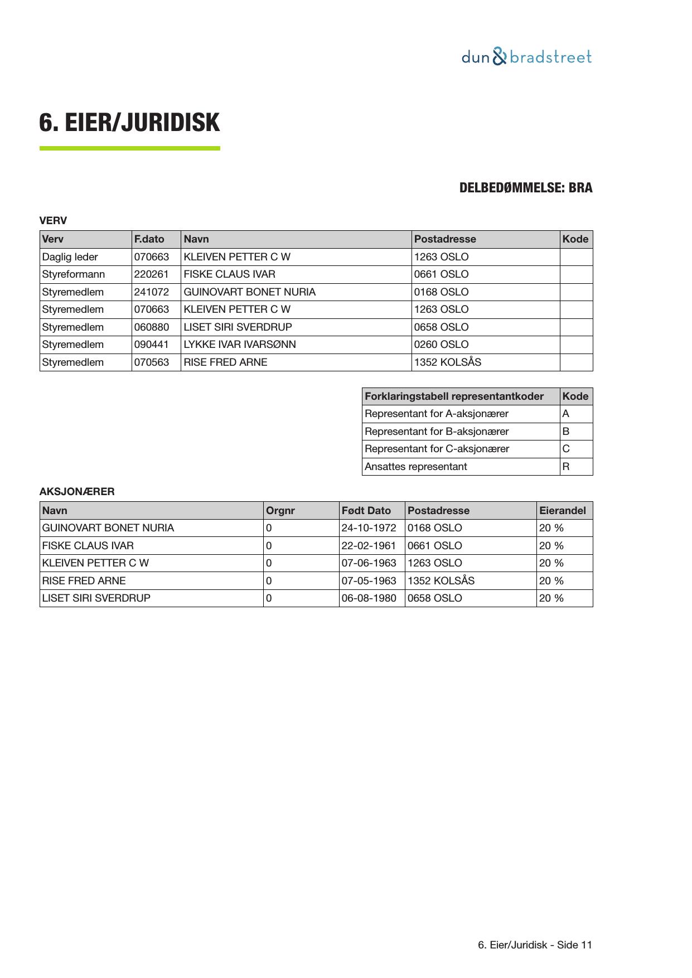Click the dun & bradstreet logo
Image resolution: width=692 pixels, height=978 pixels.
526,57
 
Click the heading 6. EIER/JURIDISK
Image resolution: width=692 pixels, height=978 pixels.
129,123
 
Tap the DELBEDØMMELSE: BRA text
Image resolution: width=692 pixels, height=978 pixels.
525,188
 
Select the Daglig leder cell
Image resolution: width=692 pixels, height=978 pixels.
70,257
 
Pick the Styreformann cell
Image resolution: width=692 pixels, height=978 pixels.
74,274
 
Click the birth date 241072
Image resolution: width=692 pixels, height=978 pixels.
152,292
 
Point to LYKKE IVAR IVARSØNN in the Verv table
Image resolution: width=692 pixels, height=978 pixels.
240,345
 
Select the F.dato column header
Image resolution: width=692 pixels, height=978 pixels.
149,239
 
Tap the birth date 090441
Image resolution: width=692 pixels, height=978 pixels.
152,345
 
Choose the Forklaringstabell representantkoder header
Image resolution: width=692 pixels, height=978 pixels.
454,396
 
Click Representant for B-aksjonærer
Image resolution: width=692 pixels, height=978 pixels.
437,432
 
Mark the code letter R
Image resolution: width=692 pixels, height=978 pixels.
566,467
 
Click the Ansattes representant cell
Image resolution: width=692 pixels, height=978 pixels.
416,467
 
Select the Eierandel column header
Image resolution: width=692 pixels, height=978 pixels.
563,511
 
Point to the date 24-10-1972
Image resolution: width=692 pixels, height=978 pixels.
369,528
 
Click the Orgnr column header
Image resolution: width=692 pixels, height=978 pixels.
280,511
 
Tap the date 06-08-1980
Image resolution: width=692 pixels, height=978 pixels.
369,598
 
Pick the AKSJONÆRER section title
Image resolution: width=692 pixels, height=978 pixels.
77,492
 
